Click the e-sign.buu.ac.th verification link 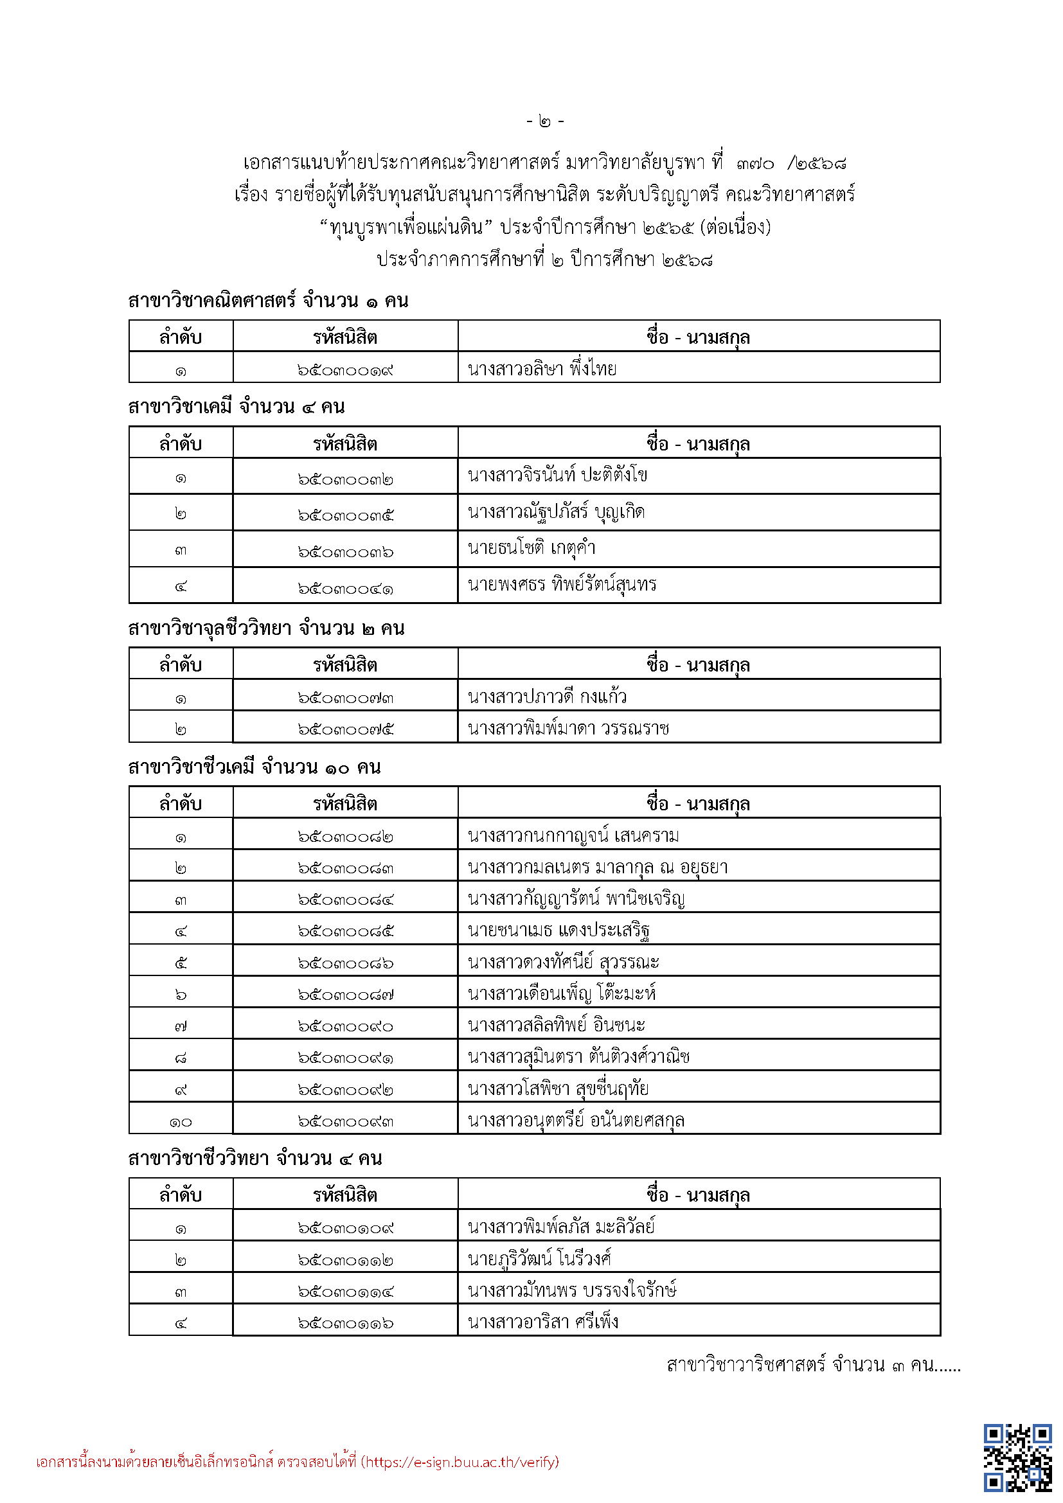(461, 1462)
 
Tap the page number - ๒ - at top (544, 121)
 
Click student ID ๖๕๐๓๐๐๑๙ (345, 371)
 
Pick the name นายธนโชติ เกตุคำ (531, 547)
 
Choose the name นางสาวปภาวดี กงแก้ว (547, 697)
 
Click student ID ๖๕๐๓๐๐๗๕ (345, 729)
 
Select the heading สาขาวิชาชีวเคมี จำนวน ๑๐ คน (255, 767)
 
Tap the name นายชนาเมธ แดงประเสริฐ (558, 930)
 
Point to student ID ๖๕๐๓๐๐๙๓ (345, 1121)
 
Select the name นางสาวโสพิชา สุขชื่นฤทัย (558, 1089)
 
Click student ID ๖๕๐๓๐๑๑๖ (345, 1323)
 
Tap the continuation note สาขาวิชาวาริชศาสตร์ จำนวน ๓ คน (813, 1365)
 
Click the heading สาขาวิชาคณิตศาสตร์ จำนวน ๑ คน (269, 301)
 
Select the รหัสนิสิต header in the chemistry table (345, 444)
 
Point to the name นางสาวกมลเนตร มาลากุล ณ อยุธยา (598, 867)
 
